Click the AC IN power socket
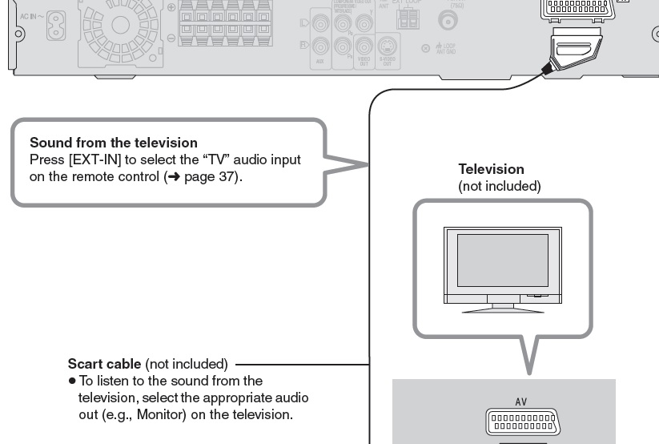point(57,18)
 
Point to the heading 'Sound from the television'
point(113,143)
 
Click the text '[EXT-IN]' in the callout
point(95,159)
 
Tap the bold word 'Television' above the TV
point(491,169)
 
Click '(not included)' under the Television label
point(499,186)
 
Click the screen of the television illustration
point(501,261)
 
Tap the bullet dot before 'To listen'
point(71,381)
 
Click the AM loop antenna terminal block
point(407,18)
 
